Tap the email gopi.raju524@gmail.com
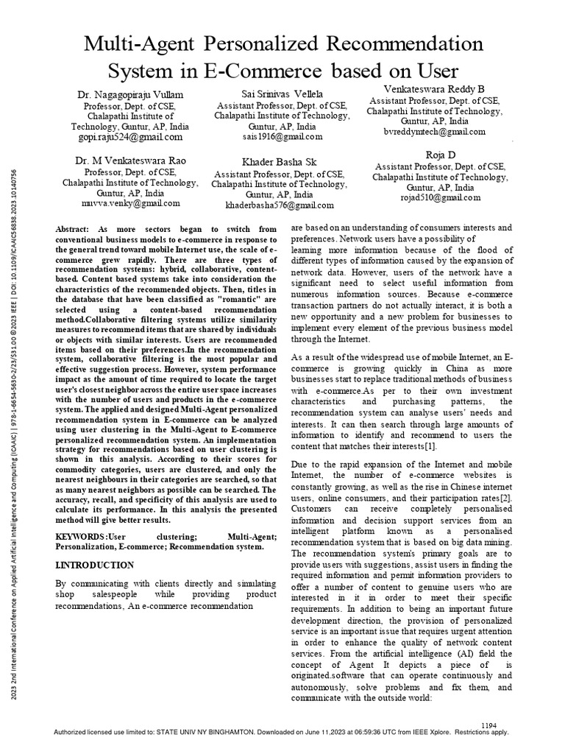[x=131, y=137]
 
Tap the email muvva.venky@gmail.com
[x=131, y=202]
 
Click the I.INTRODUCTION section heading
[x=95, y=565]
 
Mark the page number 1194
[x=489, y=725]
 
